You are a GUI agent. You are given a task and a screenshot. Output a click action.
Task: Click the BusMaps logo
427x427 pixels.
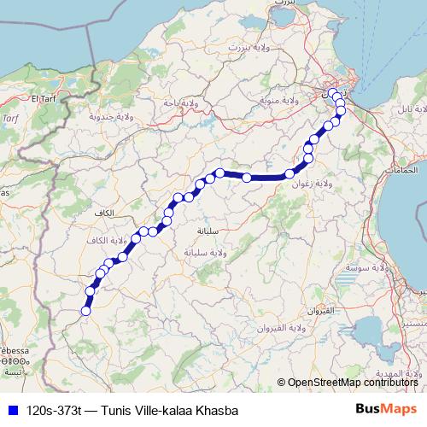point(386,409)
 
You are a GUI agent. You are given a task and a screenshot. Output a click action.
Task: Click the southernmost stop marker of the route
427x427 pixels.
point(85,311)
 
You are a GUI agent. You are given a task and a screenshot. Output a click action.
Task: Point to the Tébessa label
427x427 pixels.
point(15,351)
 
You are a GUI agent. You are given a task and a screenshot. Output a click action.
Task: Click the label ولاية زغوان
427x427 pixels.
point(311,184)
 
